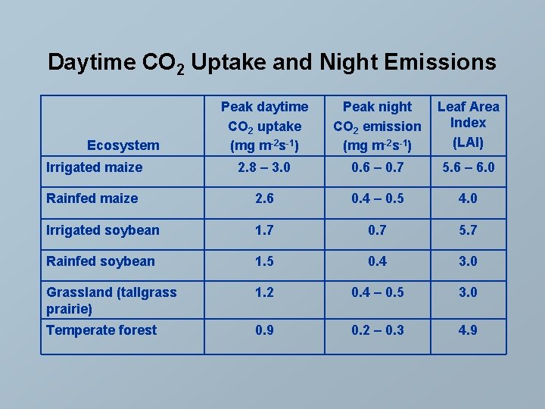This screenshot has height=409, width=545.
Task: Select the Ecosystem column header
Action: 123,145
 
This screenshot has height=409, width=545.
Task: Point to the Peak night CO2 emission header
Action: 377,126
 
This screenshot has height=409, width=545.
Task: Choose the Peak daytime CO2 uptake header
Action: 264,126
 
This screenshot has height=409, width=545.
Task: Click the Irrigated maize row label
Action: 94,167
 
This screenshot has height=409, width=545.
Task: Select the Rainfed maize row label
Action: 92,198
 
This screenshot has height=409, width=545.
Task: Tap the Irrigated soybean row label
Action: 103,230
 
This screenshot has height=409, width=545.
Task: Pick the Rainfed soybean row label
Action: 101,261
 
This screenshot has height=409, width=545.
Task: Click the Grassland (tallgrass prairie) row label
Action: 111,300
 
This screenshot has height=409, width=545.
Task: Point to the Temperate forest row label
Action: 101,329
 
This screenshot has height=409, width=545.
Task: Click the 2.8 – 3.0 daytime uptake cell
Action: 264,167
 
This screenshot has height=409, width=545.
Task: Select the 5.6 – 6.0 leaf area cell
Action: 468,167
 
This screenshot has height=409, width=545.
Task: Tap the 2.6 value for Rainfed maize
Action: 264,198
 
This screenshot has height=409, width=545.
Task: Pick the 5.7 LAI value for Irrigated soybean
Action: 468,230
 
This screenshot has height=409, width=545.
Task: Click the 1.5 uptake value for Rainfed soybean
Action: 264,261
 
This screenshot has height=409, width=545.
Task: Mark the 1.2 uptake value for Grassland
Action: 264,292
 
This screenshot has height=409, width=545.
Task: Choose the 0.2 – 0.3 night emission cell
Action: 377,329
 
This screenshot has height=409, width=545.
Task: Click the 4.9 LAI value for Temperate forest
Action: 468,329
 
